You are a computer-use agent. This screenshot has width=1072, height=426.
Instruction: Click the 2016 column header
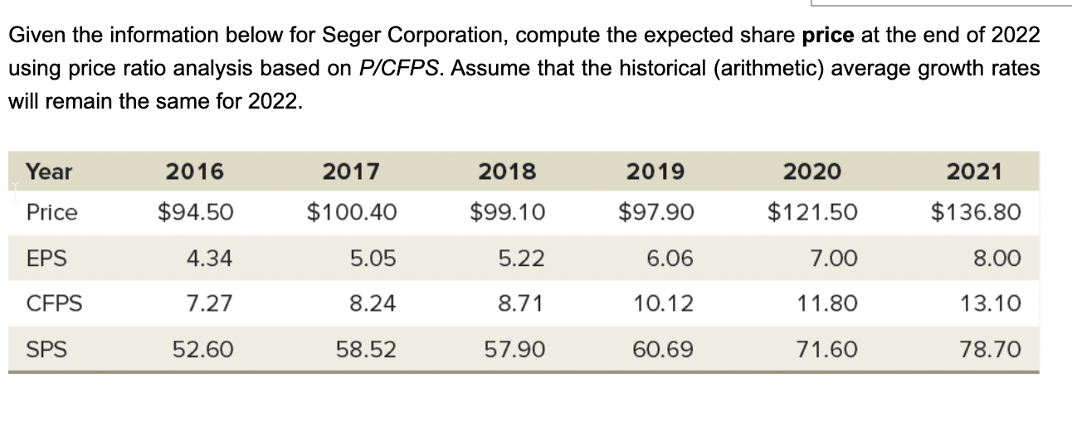195,172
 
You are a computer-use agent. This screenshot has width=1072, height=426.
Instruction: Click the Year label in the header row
49,172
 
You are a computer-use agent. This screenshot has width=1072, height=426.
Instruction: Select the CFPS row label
53,304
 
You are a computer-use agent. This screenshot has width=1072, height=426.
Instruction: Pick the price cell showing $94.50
196,212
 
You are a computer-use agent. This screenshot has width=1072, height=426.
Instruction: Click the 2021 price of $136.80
976,212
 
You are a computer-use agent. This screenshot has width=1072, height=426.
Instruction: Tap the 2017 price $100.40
352,212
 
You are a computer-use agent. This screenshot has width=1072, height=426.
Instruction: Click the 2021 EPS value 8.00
999,259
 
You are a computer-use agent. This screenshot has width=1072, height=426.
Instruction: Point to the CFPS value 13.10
996,304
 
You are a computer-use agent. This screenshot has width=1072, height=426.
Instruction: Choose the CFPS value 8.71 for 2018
521,304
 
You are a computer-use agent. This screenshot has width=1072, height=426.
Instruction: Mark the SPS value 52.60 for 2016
202,350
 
